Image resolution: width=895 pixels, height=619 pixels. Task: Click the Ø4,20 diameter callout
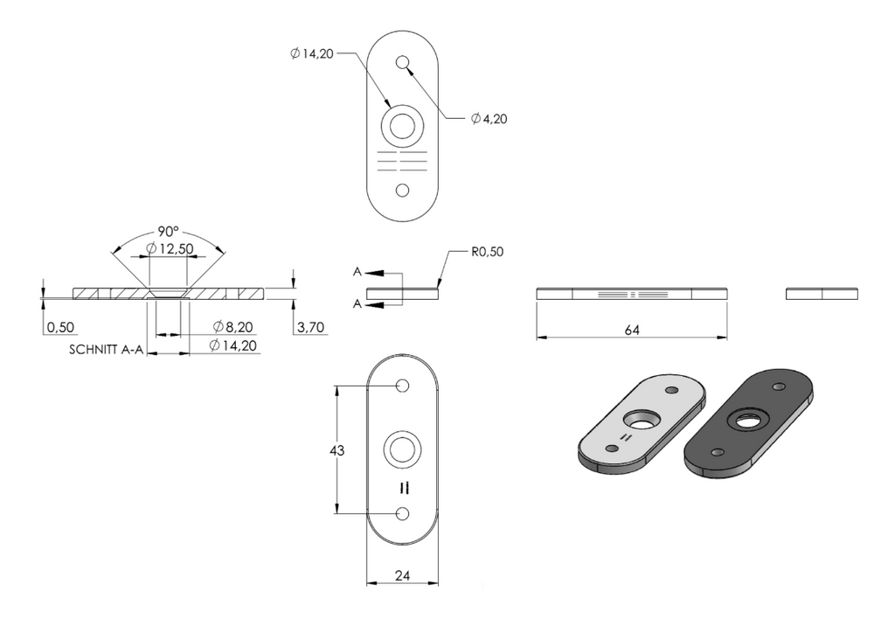pos(489,119)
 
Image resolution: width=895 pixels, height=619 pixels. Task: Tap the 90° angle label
pos(169,232)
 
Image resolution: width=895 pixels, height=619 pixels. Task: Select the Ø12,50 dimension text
pos(170,248)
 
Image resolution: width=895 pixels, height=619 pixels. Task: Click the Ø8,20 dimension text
pos(232,327)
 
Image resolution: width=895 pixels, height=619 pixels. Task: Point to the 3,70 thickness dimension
pos(311,327)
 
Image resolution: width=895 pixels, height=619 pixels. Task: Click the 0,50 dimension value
pos(60,327)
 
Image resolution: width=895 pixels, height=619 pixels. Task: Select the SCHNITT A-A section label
pos(106,350)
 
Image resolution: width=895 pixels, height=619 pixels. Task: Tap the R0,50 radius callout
pos(488,252)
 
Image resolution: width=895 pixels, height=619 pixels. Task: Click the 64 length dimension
pos(632,330)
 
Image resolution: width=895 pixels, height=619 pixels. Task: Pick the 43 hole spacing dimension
pos(336,450)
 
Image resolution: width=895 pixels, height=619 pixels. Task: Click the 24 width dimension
pos(402,575)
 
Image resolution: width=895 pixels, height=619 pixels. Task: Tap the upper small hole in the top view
pos(402,62)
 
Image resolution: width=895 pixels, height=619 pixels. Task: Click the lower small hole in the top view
pos(402,190)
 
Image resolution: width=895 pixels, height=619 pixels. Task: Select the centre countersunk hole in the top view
pos(402,126)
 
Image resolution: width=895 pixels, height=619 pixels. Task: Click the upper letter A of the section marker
pos(357,271)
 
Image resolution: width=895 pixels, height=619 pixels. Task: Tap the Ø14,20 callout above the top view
pos(312,53)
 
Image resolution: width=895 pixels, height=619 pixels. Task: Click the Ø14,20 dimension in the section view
pos(232,344)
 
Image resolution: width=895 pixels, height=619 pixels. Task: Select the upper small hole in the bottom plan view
pos(402,386)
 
